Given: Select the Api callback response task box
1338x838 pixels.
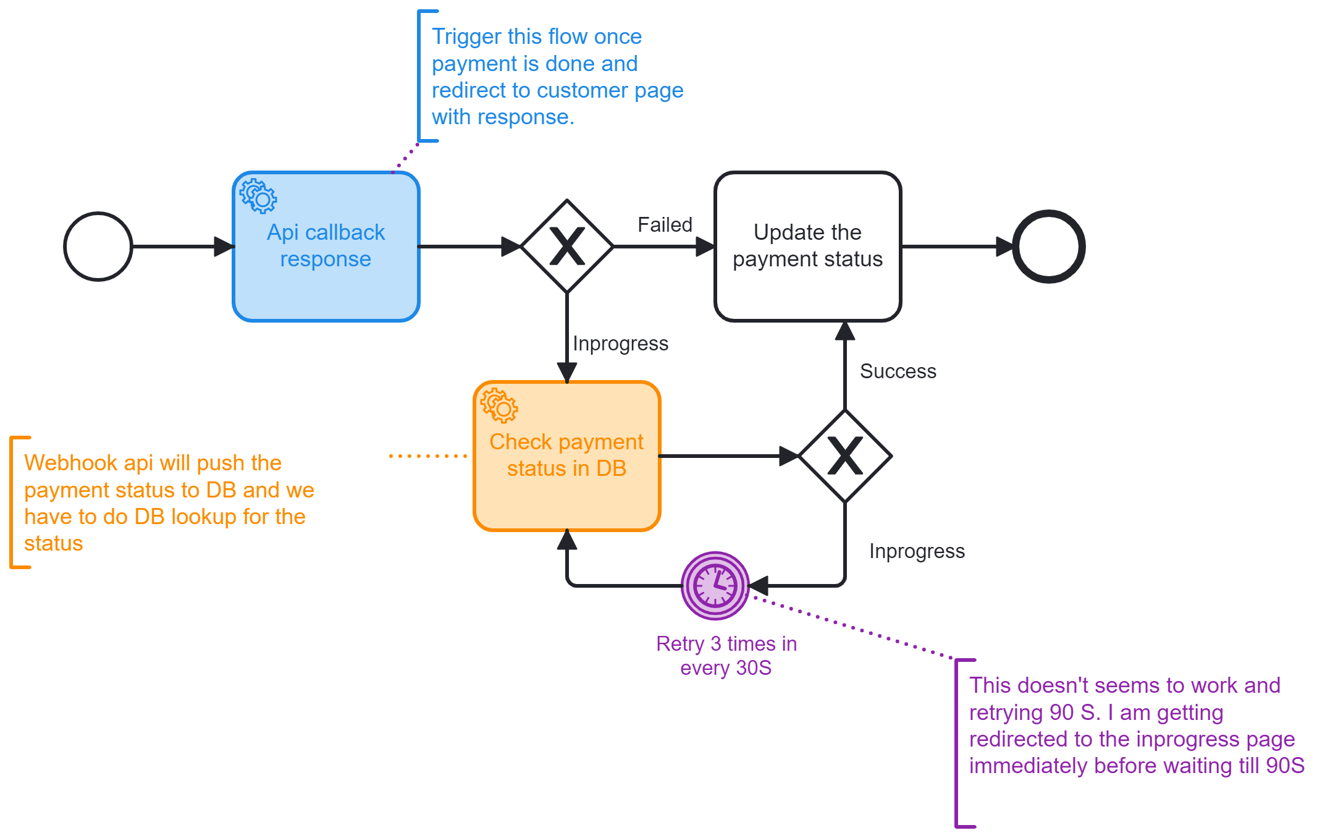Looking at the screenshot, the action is [x=326, y=247].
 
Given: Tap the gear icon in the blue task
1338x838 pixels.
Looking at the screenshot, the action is [x=258, y=197].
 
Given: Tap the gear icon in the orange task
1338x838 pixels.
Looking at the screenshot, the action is [x=499, y=406].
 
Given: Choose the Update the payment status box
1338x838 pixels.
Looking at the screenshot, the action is [x=808, y=247].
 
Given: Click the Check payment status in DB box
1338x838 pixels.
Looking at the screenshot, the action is [x=567, y=456].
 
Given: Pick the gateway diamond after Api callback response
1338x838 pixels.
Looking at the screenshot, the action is [x=567, y=247].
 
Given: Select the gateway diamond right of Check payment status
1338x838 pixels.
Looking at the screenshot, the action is [x=845, y=456].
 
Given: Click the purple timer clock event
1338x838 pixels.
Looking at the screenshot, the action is [x=715, y=585].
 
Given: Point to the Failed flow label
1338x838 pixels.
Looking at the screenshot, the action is [x=665, y=224].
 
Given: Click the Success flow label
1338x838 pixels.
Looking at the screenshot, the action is [x=898, y=371].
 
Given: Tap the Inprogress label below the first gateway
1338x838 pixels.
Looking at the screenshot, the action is [x=620, y=344].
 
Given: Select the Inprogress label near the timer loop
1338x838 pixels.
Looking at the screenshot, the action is [x=917, y=551].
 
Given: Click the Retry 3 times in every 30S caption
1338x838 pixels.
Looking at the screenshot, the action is [x=726, y=656].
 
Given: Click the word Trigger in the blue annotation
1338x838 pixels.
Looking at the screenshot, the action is [x=466, y=37].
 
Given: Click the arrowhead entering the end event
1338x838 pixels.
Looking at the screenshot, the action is [x=1006, y=247].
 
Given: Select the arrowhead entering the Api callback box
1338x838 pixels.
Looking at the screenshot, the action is [x=224, y=247].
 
